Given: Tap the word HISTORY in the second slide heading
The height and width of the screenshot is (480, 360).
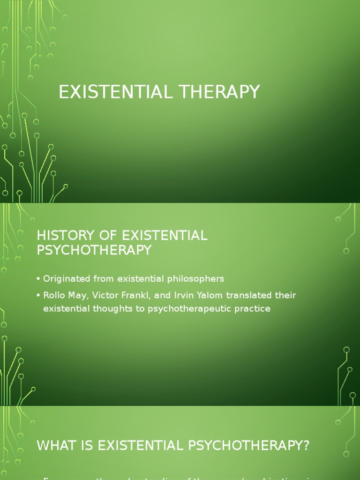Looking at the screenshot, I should click(60, 235).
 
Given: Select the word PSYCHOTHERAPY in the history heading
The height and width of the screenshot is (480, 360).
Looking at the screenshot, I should click(94, 250).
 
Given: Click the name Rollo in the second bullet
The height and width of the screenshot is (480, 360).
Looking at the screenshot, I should click(54, 295).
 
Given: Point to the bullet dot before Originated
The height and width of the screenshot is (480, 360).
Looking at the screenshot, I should click(38, 279).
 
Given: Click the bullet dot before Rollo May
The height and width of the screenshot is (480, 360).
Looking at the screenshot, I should click(38, 296).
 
